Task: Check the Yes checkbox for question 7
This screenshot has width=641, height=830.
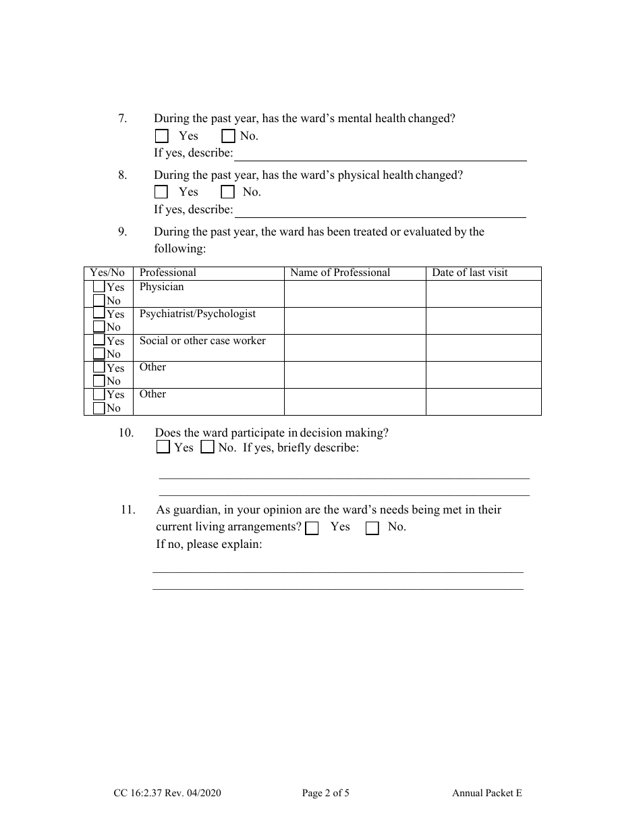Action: (x=161, y=136)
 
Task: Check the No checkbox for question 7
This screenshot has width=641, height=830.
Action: (x=228, y=136)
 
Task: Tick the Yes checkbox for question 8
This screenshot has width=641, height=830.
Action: (x=161, y=192)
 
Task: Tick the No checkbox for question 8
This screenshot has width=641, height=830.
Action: (x=228, y=192)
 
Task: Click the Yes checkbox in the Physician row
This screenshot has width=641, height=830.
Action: (x=99, y=287)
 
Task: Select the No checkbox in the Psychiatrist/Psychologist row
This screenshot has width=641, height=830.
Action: (x=99, y=327)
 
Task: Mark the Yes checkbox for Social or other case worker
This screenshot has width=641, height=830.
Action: (x=99, y=341)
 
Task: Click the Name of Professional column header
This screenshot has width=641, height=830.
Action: (x=340, y=273)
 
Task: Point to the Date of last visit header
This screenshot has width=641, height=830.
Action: (x=470, y=273)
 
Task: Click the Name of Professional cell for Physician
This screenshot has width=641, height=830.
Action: (x=354, y=294)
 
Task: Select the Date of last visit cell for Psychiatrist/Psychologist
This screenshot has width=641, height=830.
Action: (x=483, y=321)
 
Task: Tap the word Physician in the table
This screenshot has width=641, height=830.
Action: (x=161, y=287)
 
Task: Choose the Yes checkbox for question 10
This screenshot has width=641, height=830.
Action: (x=163, y=447)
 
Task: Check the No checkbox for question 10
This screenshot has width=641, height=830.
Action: (x=208, y=447)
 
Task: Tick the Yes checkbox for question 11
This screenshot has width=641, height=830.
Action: (x=312, y=528)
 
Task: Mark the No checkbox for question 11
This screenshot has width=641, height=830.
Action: (x=372, y=528)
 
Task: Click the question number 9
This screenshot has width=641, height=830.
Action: (x=122, y=231)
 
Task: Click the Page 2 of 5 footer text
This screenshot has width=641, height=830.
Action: (x=325, y=794)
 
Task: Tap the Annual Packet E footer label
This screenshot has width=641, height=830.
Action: (x=486, y=794)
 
